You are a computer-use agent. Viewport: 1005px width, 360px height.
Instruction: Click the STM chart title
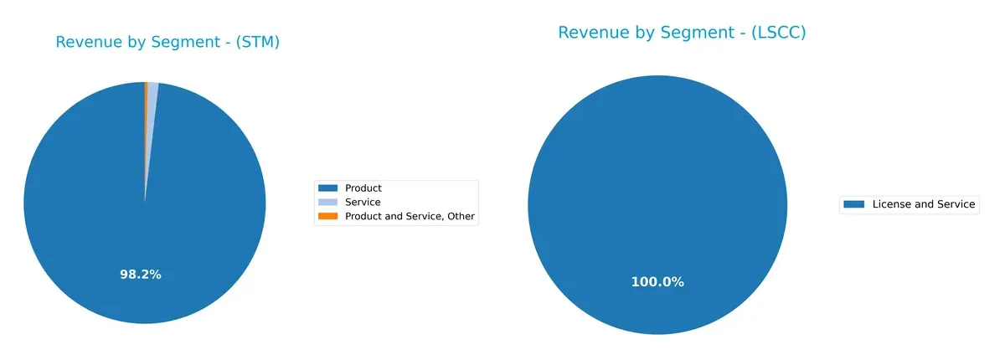coord(167,43)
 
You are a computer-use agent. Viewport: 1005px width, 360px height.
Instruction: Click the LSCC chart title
coord(682,33)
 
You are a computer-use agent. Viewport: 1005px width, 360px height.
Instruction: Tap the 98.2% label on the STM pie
coord(140,275)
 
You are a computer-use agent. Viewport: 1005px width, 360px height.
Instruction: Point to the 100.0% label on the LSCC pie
coord(657,282)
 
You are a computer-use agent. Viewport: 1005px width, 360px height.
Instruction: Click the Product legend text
coord(363,188)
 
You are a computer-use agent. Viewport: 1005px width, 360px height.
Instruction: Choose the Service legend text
coord(363,203)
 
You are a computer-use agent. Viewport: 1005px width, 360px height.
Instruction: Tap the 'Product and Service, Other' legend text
coord(410,217)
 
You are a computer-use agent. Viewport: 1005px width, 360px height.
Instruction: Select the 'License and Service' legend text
coord(924,204)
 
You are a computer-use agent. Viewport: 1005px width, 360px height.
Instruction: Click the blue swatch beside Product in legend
coord(328,188)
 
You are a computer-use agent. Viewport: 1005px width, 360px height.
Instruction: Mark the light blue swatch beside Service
coord(328,203)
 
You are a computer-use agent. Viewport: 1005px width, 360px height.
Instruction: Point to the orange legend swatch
coord(328,217)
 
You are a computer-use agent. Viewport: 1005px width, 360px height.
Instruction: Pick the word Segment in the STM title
coord(184,43)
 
